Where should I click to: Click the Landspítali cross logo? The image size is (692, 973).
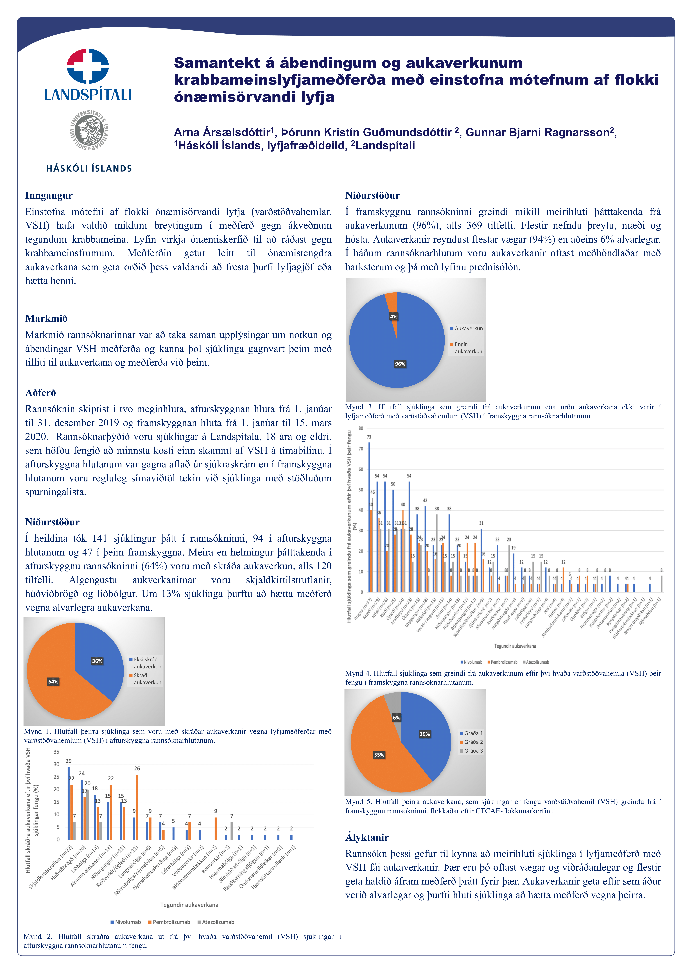[x=88, y=66]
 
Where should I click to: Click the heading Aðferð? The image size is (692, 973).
[x=40, y=393]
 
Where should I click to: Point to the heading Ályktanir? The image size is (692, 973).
[x=367, y=837]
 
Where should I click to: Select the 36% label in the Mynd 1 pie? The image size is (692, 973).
[x=97, y=661]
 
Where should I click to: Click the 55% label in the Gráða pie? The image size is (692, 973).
[x=379, y=755]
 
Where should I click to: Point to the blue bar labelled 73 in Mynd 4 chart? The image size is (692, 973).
[x=369, y=517]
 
